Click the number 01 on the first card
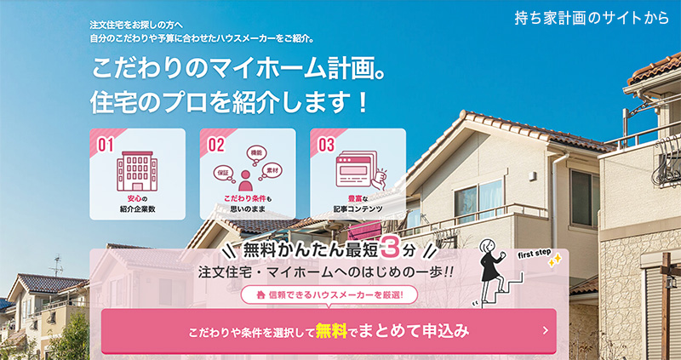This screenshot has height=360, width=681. pyautogui.click(x=106, y=145)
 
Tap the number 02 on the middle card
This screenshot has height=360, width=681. pyautogui.click(x=216, y=145)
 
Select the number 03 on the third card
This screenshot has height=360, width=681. pyautogui.click(x=326, y=145)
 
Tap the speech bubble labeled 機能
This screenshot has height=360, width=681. pyautogui.click(x=255, y=153)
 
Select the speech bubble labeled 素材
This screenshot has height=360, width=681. pyautogui.click(x=272, y=169)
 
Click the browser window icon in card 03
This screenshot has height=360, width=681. pyautogui.click(x=356, y=170)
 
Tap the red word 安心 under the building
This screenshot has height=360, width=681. pyautogui.click(x=126, y=197)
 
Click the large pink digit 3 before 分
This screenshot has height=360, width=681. pyautogui.click(x=388, y=250)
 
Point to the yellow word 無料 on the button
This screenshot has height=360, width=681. pyautogui.click(x=331, y=329)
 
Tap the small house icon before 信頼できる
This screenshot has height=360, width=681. pyautogui.click(x=249, y=295)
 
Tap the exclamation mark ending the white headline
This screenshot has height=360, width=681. pyautogui.click(x=363, y=103)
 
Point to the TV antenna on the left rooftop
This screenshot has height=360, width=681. pyautogui.click(x=57, y=264)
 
